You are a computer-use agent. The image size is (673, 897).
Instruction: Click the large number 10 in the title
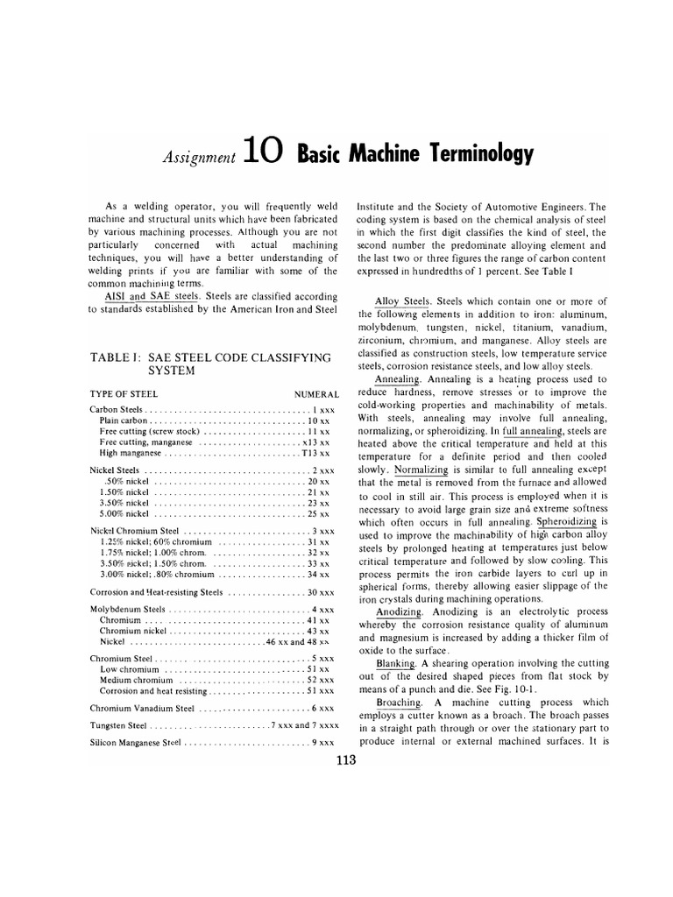pos(263,154)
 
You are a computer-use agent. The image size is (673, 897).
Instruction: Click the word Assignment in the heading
pos(199,159)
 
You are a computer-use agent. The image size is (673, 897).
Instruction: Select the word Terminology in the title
pos(473,155)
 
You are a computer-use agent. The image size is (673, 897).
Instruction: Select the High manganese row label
pos(131,454)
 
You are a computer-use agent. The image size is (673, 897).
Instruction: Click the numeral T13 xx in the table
pos(315,454)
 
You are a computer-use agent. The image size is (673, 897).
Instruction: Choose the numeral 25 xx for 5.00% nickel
pos(317,515)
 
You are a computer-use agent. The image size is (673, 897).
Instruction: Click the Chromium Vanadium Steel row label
pos(136,707)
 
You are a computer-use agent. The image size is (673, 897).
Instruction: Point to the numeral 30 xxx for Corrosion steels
pos(315,592)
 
